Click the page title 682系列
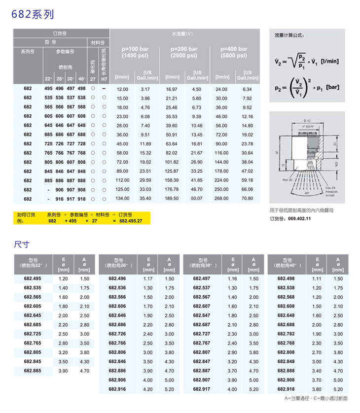click(32, 14)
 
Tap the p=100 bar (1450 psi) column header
click(135, 53)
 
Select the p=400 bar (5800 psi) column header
click(234, 53)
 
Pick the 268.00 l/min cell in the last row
click(221, 199)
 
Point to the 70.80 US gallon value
click(247, 199)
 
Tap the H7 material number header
click(104, 79)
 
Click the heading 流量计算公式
click(289, 35)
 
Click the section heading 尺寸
click(22, 244)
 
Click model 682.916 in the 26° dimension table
click(117, 389)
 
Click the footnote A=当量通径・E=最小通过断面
click(316, 398)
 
